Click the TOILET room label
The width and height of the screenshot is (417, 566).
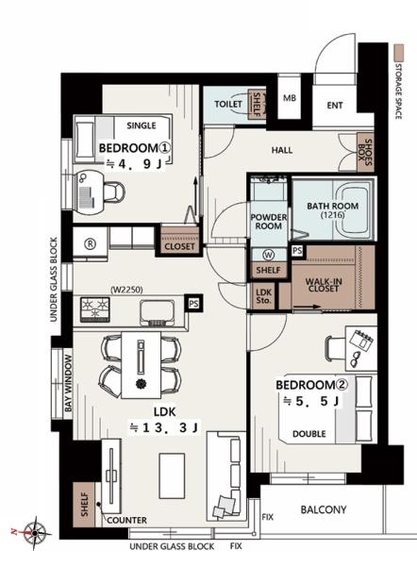pos(228,105)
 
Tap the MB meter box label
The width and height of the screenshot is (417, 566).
pos(290,98)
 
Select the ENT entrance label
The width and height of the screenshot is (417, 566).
pos(335,106)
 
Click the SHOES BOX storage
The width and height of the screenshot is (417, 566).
pos(365,152)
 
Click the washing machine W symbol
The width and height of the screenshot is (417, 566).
pos(269,255)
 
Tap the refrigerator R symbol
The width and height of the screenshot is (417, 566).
pos(90,243)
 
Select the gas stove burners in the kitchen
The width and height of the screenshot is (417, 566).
pos(94,308)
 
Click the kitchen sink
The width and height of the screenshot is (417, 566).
pos(157,311)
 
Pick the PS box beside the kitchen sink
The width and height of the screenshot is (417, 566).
pos(193,304)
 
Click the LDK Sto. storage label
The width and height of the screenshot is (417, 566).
pos(264,296)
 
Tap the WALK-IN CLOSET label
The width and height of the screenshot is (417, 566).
pos(324,285)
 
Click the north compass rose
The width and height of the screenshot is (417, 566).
pos(35,532)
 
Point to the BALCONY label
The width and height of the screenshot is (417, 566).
pos(324,509)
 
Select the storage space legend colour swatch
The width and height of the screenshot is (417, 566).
pos(398,53)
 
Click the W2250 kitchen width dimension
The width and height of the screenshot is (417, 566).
pos(126,290)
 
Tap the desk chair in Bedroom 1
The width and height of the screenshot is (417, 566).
pos(114,191)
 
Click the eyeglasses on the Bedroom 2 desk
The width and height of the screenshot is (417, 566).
pos(357,358)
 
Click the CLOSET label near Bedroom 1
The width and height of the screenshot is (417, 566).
pos(179,246)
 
